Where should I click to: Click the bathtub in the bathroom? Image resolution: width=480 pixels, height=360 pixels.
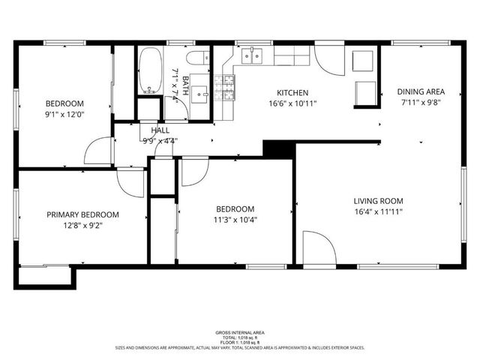(149, 71)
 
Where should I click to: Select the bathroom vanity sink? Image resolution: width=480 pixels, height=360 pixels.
(199, 93)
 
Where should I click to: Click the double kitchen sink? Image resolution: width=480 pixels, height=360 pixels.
(253, 55)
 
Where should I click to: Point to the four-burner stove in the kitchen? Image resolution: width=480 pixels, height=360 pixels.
(225, 88)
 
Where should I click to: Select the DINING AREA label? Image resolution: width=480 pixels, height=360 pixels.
(421, 92)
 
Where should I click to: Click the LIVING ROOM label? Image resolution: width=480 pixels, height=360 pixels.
(379, 201)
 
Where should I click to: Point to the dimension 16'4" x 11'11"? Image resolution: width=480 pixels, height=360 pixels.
(379, 212)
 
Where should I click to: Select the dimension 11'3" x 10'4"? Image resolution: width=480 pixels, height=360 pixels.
(235, 220)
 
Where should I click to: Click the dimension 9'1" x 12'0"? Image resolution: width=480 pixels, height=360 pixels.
(64, 115)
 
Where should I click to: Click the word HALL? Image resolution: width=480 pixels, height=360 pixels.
(159, 130)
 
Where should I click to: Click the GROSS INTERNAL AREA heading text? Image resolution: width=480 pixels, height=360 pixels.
(239, 332)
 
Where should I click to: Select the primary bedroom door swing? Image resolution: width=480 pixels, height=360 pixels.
(129, 182)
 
